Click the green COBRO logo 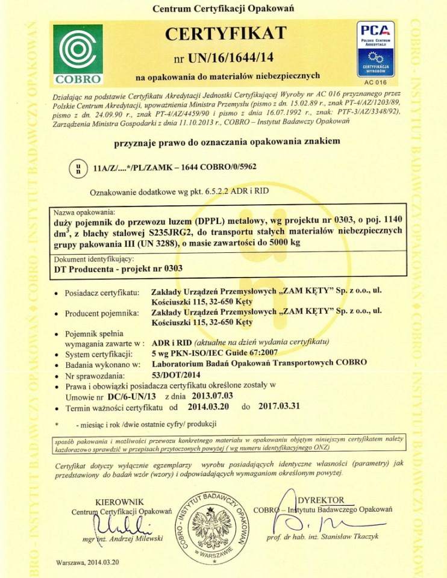coord(78,53)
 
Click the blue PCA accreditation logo coord(375,49)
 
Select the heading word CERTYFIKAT coord(223,33)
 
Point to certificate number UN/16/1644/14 coord(233,58)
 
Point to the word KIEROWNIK coord(120,502)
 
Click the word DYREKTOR coord(322,500)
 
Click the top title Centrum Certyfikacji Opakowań coord(223,9)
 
